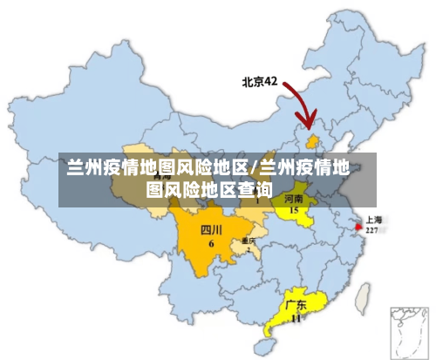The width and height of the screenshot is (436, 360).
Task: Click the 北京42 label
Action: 259,82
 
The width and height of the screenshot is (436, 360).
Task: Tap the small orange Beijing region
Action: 312,139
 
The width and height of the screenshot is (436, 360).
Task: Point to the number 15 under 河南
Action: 295,210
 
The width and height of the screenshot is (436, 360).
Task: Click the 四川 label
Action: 211,230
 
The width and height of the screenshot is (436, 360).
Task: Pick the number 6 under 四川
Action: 211,243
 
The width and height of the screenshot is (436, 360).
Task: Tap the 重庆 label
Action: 249,240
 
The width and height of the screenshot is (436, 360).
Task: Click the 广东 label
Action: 296,306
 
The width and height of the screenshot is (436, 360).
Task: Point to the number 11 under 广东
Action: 296,318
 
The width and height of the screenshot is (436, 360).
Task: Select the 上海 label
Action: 376,220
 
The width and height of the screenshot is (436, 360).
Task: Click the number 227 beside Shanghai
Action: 372,230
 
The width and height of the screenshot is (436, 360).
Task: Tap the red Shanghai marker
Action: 358,226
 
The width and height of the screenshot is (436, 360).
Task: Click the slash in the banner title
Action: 254,166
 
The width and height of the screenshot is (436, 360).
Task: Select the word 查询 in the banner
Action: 254,188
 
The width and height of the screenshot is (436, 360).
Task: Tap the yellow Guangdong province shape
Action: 292,314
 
